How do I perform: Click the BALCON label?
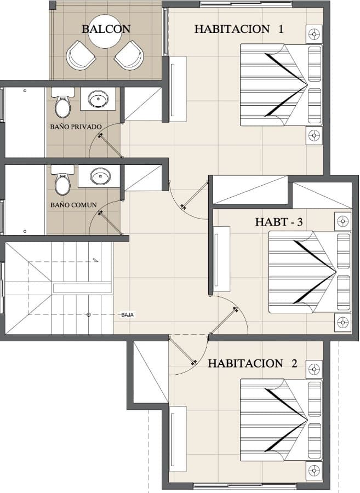point(106,29)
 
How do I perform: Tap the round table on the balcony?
point(105,32)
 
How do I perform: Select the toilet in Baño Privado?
point(62,102)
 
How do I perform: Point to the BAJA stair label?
point(128,315)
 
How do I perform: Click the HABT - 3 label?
point(278,222)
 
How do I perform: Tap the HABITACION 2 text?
point(252,364)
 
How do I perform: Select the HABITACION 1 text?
point(239,29)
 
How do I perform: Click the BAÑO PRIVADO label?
point(76,127)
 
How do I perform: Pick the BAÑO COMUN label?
point(73,205)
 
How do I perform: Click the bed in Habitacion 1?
point(282,85)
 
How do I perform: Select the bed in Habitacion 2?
point(282,420)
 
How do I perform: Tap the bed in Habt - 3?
point(310,272)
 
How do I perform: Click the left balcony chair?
point(81,56)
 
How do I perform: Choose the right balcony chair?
point(129,55)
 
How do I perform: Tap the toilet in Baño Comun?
point(62,180)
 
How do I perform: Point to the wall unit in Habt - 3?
point(222,260)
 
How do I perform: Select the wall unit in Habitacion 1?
point(178,89)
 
